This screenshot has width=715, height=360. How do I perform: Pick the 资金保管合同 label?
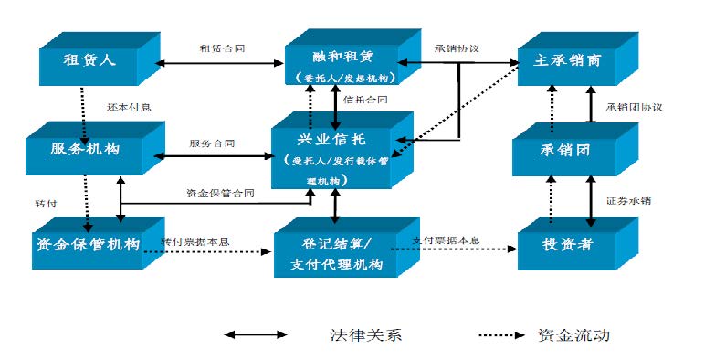click(220, 194)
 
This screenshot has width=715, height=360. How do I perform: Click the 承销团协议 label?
click(633, 106)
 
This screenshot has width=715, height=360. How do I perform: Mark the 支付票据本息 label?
click(447, 240)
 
